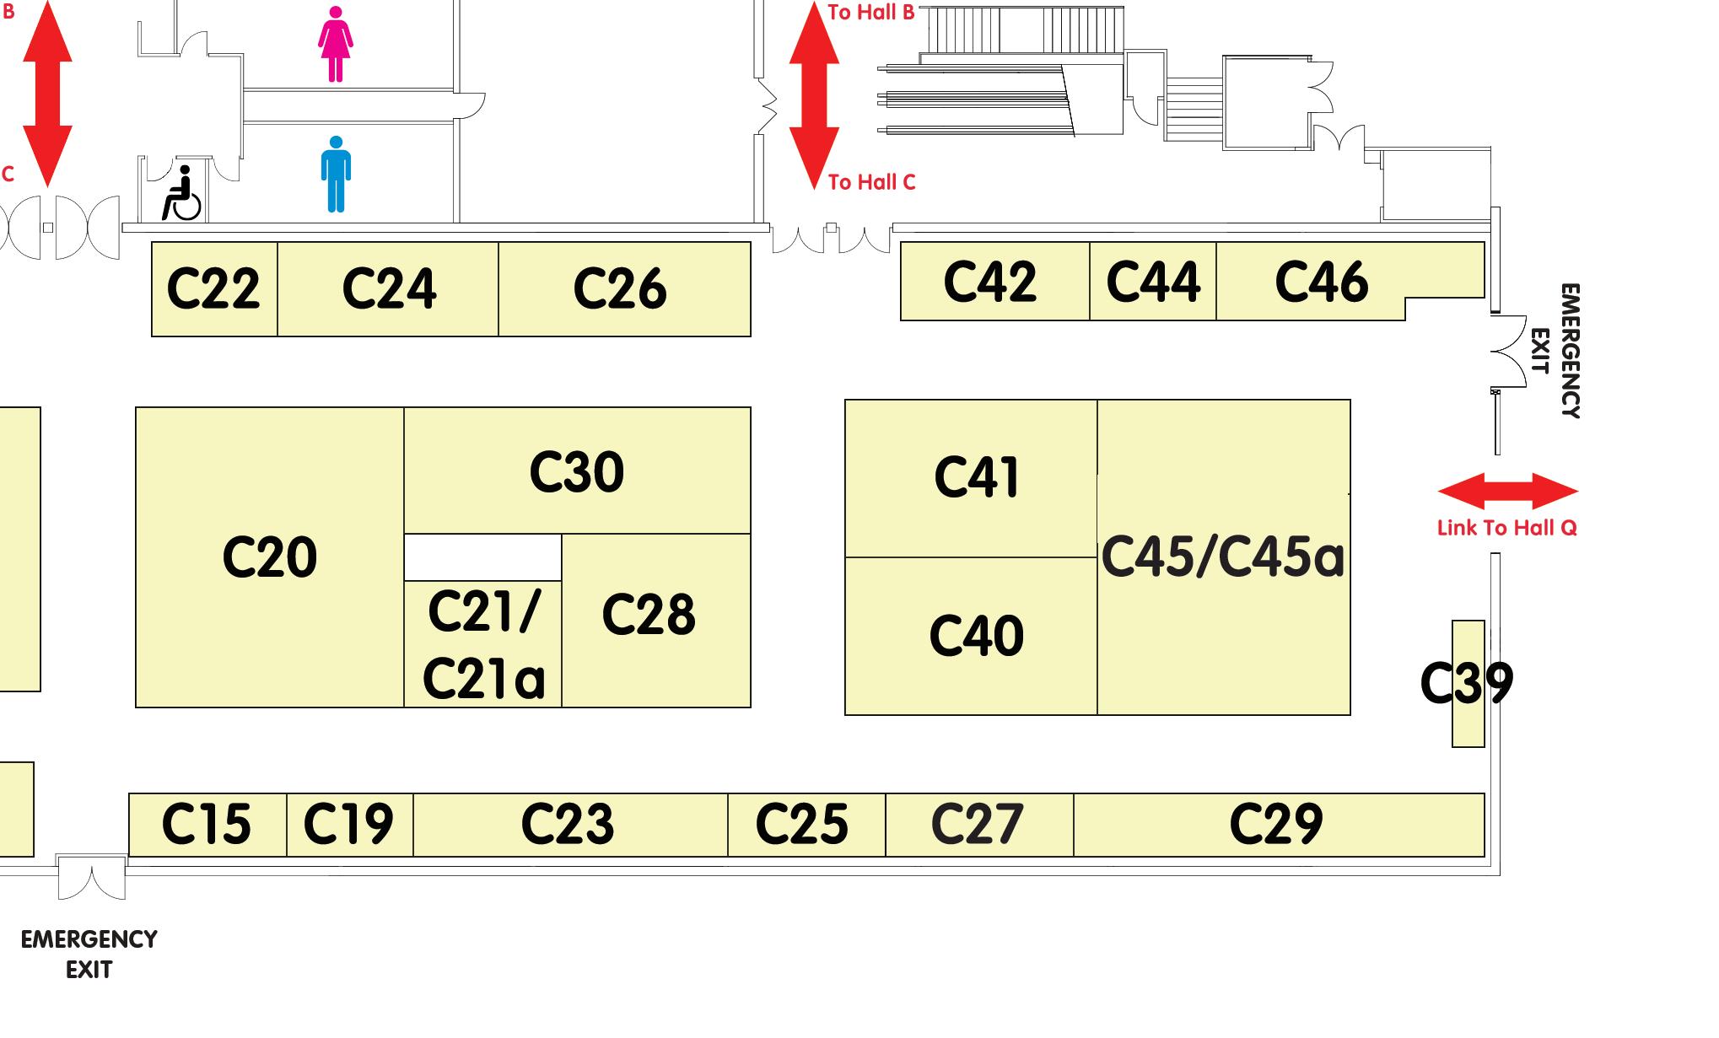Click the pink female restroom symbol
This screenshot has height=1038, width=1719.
pyautogui.click(x=336, y=44)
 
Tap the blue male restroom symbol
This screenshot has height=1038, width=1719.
pyautogui.click(x=336, y=175)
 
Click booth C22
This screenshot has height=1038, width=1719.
pyautogui.click(x=214, y=289)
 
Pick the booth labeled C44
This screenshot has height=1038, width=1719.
pyautogui.click(x=1152, y=282)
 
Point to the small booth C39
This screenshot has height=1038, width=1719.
pyautogui.click(x=1468, y=683)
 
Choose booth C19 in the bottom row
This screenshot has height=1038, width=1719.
pyautogui.click(x=349, y=825)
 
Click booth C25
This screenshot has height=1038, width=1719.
pyautogui.click(x=803, y=825)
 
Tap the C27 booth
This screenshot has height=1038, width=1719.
pyautogui.click(x=978, y=825)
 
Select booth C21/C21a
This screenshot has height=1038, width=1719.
pyautogui.click(x=482, y=644)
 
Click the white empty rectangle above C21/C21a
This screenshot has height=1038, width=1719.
pyautogui.click(x=482, y=557)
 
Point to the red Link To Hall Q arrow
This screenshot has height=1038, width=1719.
pyautogui.click(x=1507, y=491)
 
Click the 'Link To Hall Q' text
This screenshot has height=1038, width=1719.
pyautogui.click(x=1507, y=528)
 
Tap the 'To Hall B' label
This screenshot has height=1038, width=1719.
pyautogui.click(x=871, y=13)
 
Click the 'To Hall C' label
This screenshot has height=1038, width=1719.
pyautogui.click(x=871, y=182)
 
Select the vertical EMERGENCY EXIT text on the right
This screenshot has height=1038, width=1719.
pyautogui.click(x=1555, y=351)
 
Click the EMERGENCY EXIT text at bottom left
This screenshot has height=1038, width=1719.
pyautogui.click(x=89, y=955)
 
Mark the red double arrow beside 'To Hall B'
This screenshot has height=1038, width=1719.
pyautogui.click(x=814, y=94)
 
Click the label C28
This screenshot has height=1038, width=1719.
pyautogui.click(x=649, y=614)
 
